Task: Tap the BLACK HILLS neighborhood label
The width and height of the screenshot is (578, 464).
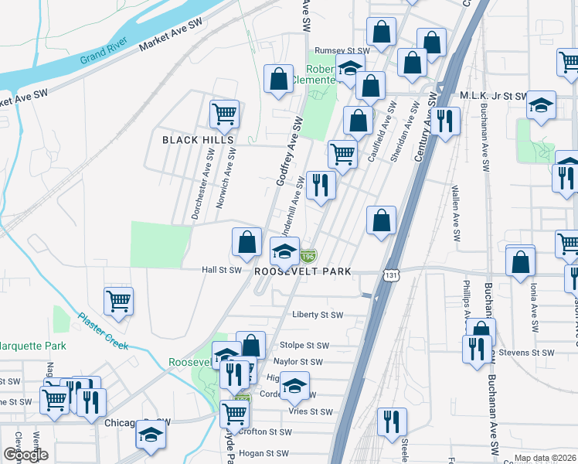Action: click(197, 140)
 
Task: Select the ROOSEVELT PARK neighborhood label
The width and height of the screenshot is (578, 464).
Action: click(303, 271)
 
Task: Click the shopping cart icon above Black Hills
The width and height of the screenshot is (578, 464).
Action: click(224, 114)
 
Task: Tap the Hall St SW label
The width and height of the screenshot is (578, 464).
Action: click(221, 271)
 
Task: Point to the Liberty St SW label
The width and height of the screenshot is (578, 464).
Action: click(318, 315)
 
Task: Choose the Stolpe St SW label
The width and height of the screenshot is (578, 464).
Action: click(304, 346)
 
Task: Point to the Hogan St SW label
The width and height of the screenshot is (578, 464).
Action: click(263, 454)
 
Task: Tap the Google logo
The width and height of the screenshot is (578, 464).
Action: click(25, 455)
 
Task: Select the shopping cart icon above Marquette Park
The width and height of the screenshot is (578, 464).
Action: click(118, 300)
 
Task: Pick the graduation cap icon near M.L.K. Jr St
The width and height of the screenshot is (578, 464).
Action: click(542, 104)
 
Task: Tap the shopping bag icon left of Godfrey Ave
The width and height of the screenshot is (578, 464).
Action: click(277, 78)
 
